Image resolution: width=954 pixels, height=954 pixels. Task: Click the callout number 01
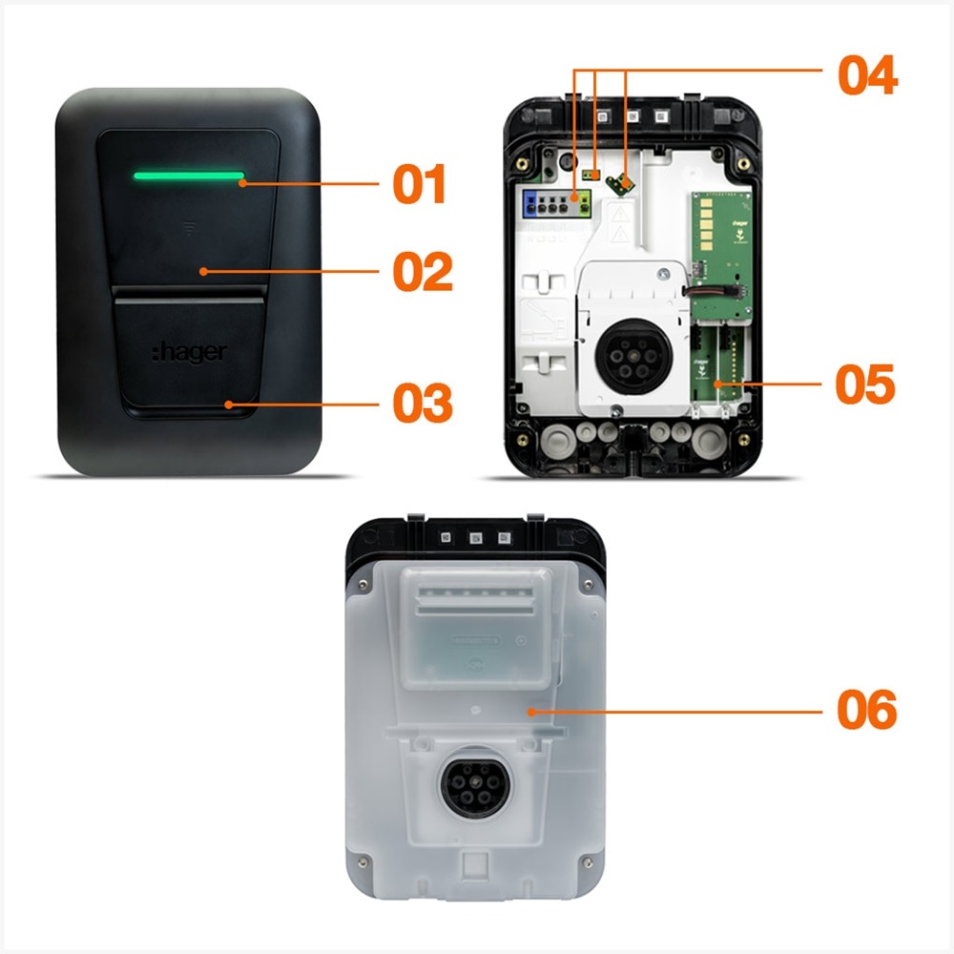pos(420,184)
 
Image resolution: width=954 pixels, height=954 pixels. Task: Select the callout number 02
pos(423,271)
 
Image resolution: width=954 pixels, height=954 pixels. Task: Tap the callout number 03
pos(423,403)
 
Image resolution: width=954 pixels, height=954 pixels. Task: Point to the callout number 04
pos(867,74)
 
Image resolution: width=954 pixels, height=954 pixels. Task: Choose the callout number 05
pos(865,384)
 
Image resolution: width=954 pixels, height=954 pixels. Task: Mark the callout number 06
pos(867,710)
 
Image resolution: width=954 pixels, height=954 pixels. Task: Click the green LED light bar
pos(189,176)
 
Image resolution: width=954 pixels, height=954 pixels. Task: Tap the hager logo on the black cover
pos(190,352)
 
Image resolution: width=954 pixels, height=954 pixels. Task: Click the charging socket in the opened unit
pos(633,357)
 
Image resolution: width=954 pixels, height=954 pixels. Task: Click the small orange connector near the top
pos(591,176)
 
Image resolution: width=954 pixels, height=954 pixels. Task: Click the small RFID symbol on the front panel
pos(189,229)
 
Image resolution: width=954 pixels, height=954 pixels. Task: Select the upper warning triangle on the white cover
pos(619,215)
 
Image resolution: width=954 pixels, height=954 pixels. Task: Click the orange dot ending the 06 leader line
pos(531,712)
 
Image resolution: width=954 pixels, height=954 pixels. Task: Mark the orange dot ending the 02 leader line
pos(203,271)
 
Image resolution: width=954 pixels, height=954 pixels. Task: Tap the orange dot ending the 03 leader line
pos(228,404)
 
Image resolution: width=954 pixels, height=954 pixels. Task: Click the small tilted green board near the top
pos(621,184)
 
